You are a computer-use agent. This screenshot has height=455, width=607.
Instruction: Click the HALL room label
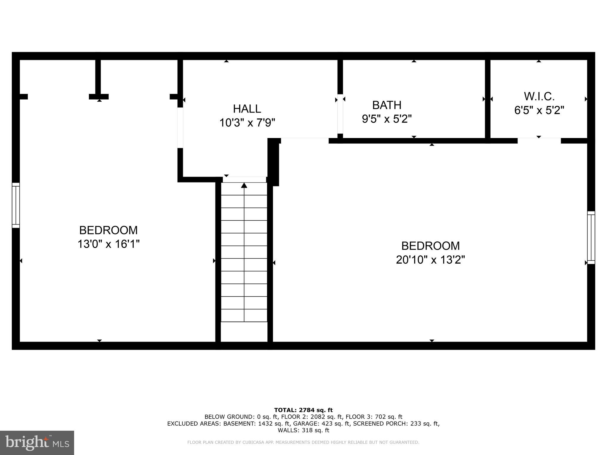pos(247,109)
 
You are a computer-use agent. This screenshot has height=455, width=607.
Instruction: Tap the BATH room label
pos(386,105)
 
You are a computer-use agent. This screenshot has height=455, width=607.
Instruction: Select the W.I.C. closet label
pos(539,96)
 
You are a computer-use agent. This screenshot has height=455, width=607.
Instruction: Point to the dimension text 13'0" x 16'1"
pos(108,244)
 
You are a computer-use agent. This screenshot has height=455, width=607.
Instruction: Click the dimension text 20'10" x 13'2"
pos(430,260)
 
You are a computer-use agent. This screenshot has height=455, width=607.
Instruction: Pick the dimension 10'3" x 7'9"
pos(247,122)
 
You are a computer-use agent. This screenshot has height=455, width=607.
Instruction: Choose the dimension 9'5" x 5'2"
pos(386,119)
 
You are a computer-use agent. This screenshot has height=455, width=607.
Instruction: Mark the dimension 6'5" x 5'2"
pos(539,110)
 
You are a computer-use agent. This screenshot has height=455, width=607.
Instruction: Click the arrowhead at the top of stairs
pos(244,185)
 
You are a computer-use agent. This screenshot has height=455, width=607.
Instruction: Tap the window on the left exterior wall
pos(16,205)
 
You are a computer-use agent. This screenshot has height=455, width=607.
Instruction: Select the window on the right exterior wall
pos(591,238)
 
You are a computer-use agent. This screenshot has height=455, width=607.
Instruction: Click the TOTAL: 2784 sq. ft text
pos(303,410)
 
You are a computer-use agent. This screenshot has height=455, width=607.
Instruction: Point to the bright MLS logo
pos(37,443)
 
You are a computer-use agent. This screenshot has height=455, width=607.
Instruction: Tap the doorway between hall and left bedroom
pos(180,128)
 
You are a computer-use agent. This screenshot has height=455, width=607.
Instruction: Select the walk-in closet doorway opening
pos(539,140)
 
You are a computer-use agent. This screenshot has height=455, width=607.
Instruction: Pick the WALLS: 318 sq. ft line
pos(303,430)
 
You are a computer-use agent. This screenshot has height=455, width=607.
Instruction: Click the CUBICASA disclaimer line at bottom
pos(303,443)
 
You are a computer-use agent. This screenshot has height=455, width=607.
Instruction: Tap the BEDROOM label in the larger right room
pos(430,246)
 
